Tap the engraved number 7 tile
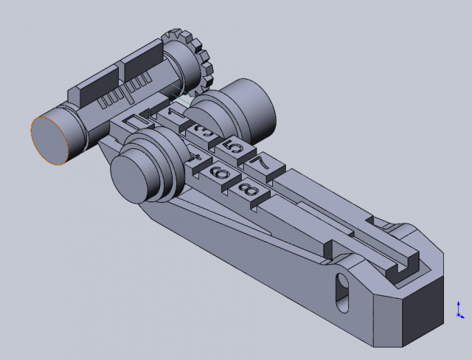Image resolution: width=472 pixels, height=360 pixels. (x=261, y=162)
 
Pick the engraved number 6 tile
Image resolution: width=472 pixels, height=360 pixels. (x=219, y=173)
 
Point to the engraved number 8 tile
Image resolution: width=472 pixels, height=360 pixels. (x=248, y=191)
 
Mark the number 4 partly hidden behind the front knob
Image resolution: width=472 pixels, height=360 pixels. (x=196, y=158)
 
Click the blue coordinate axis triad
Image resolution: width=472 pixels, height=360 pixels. (x=459, y=309)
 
